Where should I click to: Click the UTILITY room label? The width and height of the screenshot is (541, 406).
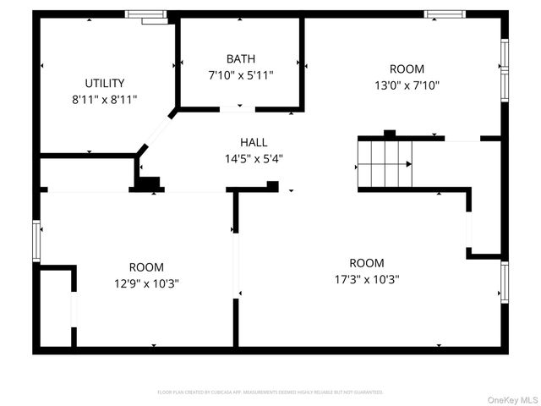tap(105, 83)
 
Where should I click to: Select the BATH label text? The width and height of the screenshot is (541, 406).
tap(240, 59)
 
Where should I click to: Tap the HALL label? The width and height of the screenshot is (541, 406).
tap(253, 142)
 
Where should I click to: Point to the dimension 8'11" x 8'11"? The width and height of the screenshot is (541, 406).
tap(105, 99)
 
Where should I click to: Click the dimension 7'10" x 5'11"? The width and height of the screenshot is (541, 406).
tap(240, 75)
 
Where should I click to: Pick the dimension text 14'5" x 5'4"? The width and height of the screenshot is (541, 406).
tap(253, 158)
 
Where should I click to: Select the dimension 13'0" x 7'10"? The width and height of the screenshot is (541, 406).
tap(407, 85)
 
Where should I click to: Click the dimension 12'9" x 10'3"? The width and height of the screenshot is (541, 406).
tap(146, 283)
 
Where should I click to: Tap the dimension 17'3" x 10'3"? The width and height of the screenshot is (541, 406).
tap(367, 279)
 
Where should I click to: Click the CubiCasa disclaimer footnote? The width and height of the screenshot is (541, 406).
tap(270, 392)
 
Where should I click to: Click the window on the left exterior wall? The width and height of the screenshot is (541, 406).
tap(36, 241)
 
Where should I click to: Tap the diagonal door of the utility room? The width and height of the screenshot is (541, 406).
tap(156, 130)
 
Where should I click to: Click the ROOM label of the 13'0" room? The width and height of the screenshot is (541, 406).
tap(407, 69)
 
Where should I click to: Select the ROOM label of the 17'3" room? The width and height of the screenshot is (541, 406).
tap(367, 263)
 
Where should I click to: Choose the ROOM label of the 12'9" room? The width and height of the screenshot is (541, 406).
tap(146, 267)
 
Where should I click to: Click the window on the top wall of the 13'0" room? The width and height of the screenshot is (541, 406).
tap(445, 14)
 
